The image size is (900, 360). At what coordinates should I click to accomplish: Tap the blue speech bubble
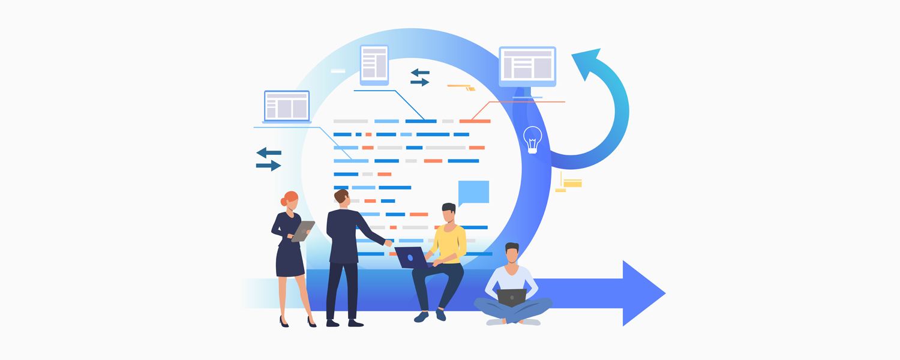click(473, 192)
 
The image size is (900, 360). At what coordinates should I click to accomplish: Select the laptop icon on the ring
click(287, 107)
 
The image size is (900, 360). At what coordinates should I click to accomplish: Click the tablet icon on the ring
click(374, 64)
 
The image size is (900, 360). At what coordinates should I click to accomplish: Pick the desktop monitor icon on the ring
click(527, 65)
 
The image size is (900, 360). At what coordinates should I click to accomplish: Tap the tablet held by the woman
click(303, 230)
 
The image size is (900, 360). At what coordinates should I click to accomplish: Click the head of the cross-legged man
click(512, 253)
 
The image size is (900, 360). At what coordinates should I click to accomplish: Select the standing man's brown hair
click(341, 195)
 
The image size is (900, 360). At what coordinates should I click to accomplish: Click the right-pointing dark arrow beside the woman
click(269, 166)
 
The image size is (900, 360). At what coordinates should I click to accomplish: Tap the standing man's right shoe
click(355, 323)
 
